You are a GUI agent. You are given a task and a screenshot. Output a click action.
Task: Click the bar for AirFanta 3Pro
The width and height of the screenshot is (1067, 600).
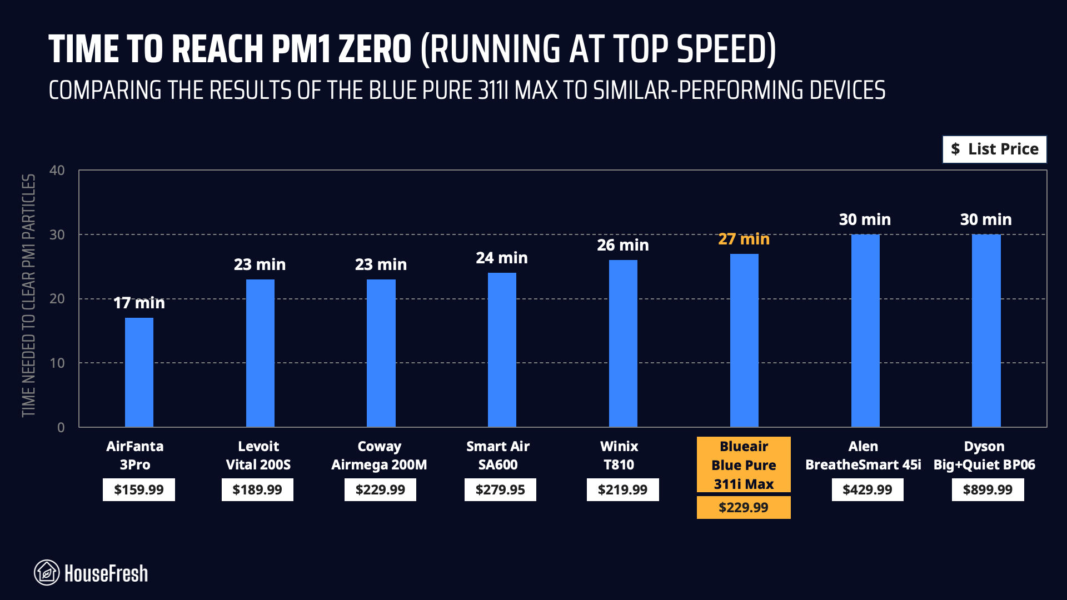[139, 372]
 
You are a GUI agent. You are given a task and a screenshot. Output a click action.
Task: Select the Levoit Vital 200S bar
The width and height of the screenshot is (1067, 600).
[260, 353]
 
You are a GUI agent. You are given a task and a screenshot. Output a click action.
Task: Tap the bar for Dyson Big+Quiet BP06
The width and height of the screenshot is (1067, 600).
[986, 331]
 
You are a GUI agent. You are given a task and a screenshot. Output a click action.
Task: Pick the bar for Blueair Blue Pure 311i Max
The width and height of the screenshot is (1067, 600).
[744, 340]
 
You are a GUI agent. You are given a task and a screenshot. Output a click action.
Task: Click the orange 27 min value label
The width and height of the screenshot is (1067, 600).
[744, 239]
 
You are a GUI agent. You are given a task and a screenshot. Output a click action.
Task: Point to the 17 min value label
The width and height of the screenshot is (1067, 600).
[139, 303]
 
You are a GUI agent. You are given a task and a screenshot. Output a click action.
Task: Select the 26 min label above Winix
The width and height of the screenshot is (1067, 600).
[622, 246]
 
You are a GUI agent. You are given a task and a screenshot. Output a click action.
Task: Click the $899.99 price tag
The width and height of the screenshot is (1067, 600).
[988, 490]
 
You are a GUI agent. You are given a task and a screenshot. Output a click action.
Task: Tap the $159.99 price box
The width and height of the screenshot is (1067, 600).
[139, 490]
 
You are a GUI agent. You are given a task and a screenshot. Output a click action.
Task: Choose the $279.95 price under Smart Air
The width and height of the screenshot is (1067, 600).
[500, 490]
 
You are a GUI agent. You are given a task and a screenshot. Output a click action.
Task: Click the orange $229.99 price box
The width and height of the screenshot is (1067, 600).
[744, 508]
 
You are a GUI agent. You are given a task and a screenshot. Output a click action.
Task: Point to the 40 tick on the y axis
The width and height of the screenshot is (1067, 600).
[57, 171]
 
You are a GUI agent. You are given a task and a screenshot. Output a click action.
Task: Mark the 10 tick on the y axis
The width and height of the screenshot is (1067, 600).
[57, 363]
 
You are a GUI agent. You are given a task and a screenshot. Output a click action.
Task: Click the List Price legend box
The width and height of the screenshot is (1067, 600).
[994, 149]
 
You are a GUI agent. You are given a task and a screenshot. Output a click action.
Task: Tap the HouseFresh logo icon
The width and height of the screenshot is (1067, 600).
[47, 573]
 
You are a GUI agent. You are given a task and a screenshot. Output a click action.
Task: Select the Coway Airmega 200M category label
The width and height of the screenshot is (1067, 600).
[380, 456]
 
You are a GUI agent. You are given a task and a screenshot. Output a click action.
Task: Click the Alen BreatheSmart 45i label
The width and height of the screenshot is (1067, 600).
[863, 456]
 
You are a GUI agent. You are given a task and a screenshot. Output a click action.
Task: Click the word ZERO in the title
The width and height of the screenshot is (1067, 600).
[375, 50]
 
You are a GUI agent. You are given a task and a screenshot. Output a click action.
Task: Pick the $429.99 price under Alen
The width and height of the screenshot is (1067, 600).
[867, 490]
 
